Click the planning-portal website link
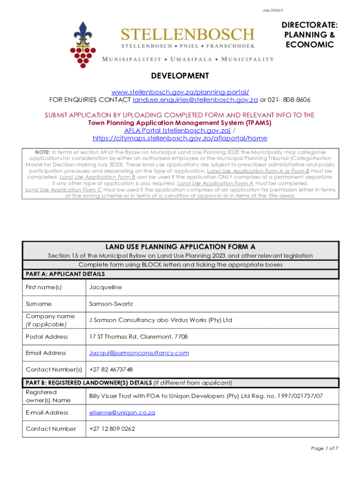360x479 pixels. [180, 91]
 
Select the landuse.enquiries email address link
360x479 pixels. [195, 100]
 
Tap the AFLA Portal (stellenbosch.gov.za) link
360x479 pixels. [177, 131]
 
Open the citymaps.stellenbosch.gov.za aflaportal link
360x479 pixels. [180, 138]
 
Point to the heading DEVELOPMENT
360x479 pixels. [180, 76]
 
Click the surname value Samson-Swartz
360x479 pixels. [111, 304]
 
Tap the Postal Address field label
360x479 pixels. [47, 336]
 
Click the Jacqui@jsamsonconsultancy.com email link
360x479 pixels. [139, 353]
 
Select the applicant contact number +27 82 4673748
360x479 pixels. [111, 369]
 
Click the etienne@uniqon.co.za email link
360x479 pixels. [122, 413]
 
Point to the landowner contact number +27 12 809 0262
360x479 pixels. [112, 428]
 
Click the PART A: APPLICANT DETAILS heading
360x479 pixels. [65, 274]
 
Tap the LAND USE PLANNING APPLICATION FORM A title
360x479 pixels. [180, 247]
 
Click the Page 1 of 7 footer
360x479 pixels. [324, 449]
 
